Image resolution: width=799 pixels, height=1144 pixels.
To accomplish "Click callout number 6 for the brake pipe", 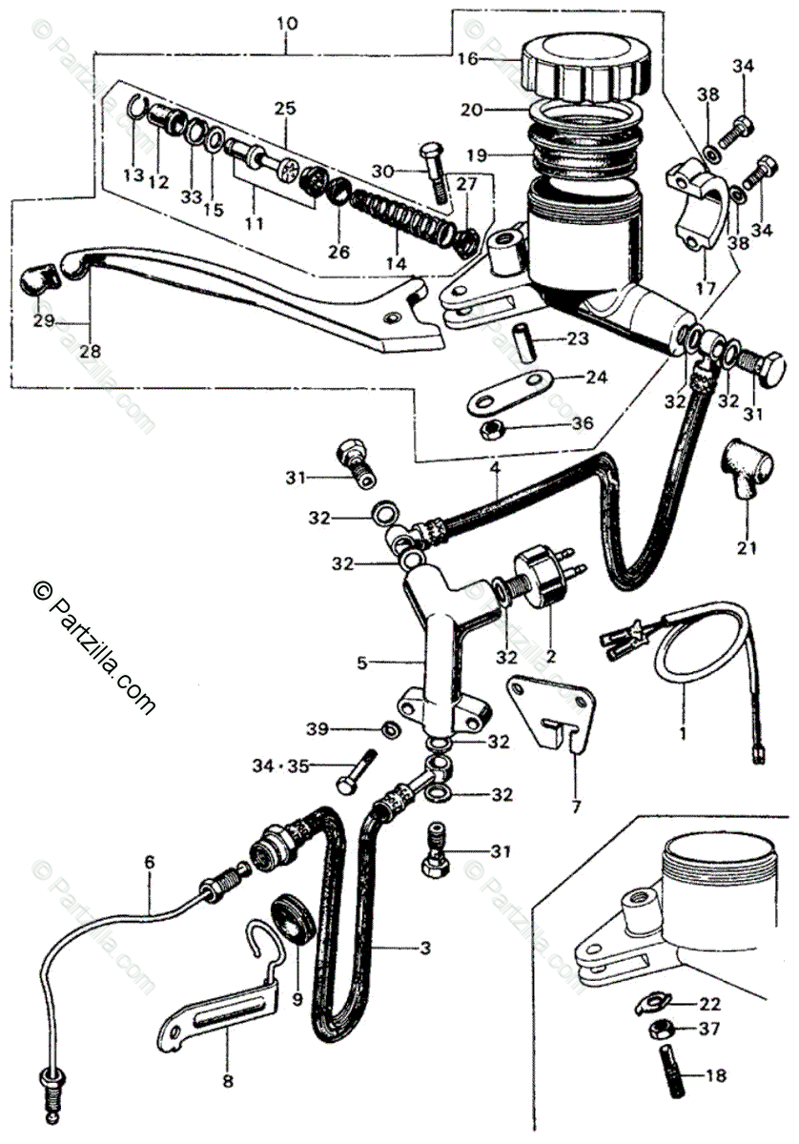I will pyautogui.click(x=149, y=862).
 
